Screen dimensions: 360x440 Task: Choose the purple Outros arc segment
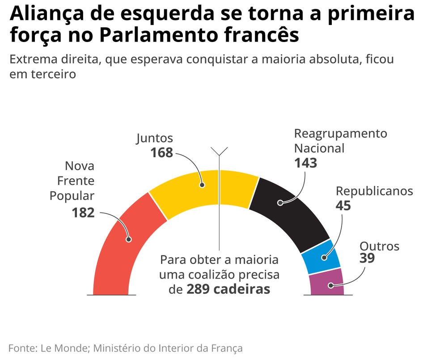click(x=327, y=282)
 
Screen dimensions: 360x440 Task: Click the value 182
click(x=83, y=213)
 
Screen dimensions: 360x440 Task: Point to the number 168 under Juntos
click(x=161, y=153)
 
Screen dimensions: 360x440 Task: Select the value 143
click(x=305, y=163)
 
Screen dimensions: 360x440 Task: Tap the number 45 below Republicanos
click(x=343, y=205)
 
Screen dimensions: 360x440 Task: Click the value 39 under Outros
click(x=367, y=258)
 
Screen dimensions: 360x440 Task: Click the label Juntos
click(x=154, y=138)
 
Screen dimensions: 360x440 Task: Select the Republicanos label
click(x=374, y=191)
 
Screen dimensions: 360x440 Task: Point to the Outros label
click(x=379, y=246)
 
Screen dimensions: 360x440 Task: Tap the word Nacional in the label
click(x=319, y=148)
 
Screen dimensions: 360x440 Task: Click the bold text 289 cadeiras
click(x=228, y=289)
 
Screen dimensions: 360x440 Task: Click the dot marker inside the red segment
click(x=129, y=240)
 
